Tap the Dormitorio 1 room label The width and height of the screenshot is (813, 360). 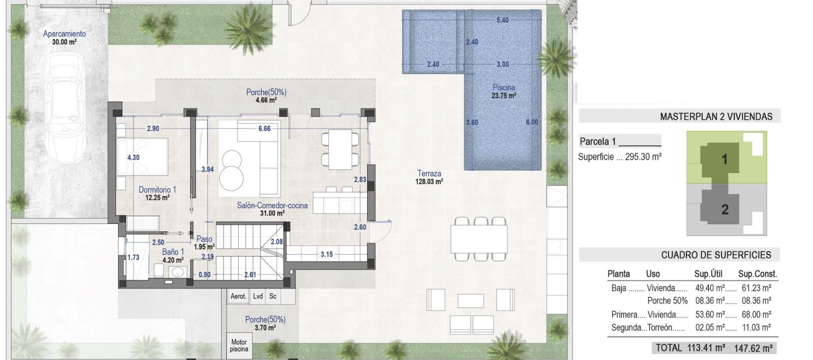pyautogui.click(x=157, y=194)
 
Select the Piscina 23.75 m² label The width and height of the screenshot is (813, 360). pyautogui.click(x=503, y=91)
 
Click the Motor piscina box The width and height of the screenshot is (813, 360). pyautogui.click(x=239, y=345)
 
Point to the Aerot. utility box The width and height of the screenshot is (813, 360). pyautogui.click(x=238, y=296)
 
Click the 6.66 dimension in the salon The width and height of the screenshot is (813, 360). pyautogui.click(x=264, y=128)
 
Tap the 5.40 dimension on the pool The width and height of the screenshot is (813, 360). pyautogui.click(x=502, y=20)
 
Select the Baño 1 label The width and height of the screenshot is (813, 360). pyautogui.click(x=173, y=256)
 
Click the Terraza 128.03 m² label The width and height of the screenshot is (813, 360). pyautogui.click(x=429, y=177)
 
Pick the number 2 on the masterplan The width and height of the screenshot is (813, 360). pyautogui.click(x=725, y=209)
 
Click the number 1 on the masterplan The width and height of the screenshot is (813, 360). pyautogui.click(x=724, y=159)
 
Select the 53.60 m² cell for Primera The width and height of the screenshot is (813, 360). pyautogui.click(x=710, y=315)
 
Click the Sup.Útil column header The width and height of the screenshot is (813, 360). pyautogui.click(x=708, y=274)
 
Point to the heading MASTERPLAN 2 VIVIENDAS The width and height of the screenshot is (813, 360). pyautogui.click(x=716, y=116)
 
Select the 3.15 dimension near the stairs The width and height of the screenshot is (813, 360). pyautogui.click(x=326, y=254)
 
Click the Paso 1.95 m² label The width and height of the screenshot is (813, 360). pyautogui.click(x=204, y=243)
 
